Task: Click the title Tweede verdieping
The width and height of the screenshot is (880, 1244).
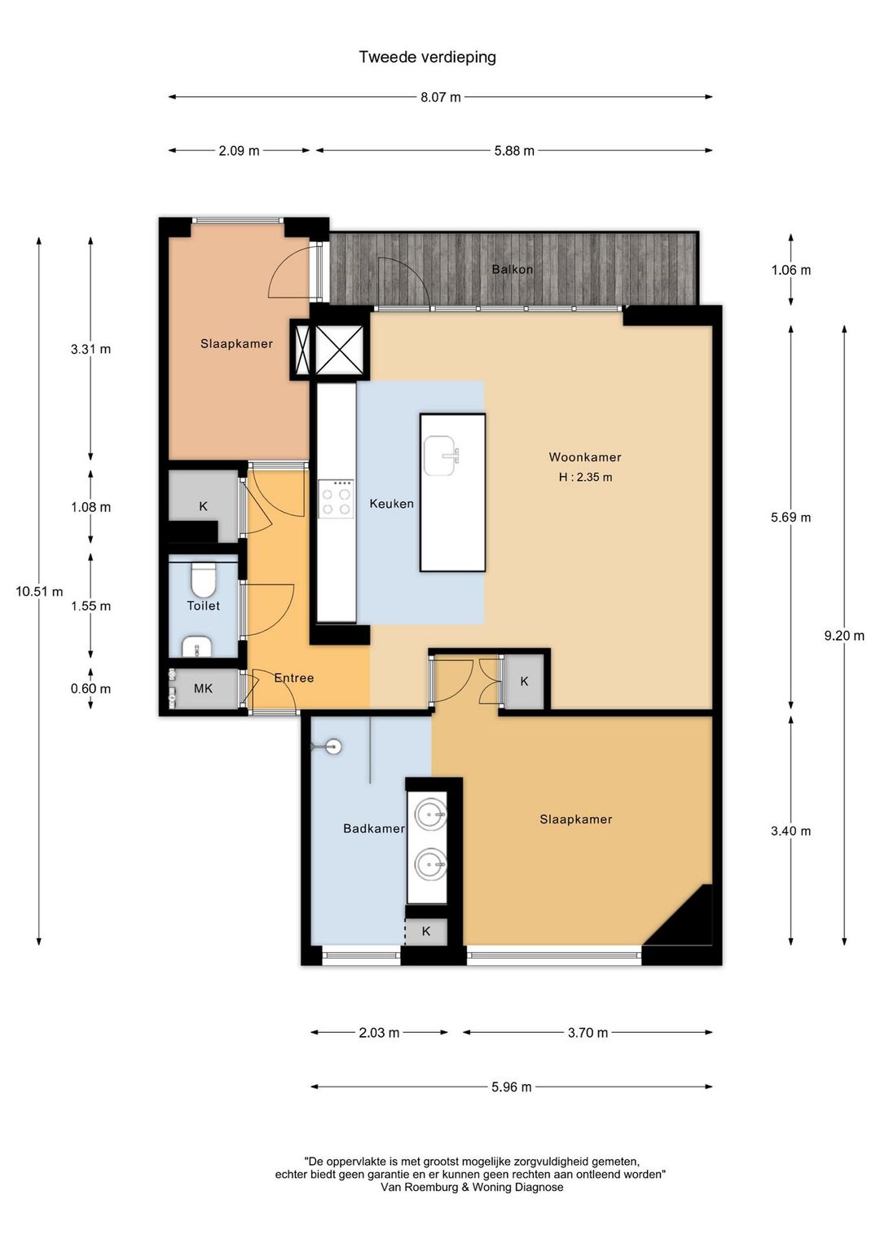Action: click(x=427, y=58)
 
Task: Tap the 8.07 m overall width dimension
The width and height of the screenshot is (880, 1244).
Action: click(x=440, y=97)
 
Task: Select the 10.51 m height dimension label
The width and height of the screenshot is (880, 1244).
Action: click(x=39, y=592)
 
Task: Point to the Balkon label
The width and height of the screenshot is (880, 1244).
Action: click(x=512, y=269)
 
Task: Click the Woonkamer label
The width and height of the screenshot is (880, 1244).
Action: click(x=585, y=457)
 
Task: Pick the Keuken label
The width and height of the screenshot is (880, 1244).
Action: click(x=391, y=504)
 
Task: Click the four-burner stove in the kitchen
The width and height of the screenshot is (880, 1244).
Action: click(x=336, y=499)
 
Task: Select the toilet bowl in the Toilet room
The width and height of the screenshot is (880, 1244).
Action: click(x=202, y=580)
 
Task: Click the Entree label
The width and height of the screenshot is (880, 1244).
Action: click(x=293, y=678)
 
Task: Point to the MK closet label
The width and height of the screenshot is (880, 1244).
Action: click(x=203, y=689)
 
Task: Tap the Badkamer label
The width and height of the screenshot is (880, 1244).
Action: click(x=374, y=828)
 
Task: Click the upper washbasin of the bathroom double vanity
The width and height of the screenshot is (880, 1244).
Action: click(x=430, y=814)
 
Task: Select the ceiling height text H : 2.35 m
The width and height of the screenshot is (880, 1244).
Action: click(x=585, y=477)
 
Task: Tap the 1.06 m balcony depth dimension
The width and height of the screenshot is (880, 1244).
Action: click(x=790, y=270)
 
